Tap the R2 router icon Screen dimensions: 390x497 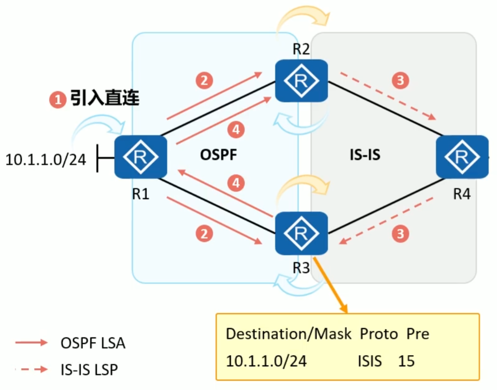tap(301, 81)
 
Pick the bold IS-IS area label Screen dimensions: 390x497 tap(364, 154)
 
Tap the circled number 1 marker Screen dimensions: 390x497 tap(58, 99)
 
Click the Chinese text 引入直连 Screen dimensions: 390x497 tap(105, 99)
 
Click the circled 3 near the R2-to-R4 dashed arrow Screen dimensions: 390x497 tap(400, 81)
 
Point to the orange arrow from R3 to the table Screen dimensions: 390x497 tap(331, 284)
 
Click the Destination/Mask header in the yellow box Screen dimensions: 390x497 tap(289, 334)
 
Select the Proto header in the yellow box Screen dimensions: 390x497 tap(378, 334)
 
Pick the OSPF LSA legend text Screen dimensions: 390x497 tap(93, 343)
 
